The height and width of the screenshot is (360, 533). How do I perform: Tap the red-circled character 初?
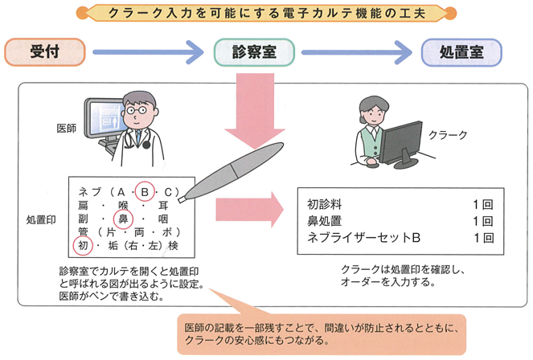(82, 244)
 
